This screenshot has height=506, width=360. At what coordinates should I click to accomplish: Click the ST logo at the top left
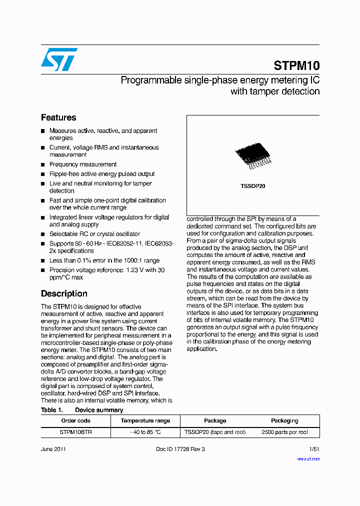tap(59, 59)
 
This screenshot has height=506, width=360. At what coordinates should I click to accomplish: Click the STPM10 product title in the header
tap(296, 65)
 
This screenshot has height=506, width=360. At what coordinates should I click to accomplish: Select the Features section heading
tap(58, 117)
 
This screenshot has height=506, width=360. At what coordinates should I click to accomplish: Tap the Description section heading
tap(64, 293)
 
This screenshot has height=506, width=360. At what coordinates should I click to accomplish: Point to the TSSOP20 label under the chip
tap(252, 186)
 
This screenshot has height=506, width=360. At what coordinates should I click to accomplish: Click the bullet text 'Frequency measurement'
tap(83, 164)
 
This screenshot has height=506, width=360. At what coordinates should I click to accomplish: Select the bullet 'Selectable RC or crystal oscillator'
tap(94, 234)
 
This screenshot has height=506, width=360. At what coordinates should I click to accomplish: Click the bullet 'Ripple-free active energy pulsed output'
tap(102, 174)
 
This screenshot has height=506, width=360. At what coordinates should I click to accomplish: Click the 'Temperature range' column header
tap(145, 420)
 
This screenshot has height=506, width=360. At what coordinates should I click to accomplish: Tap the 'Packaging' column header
tap(284, 420)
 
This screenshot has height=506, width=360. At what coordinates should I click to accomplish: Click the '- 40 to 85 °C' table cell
tap(145, 432)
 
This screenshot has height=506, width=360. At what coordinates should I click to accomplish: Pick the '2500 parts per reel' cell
tap(284, 432)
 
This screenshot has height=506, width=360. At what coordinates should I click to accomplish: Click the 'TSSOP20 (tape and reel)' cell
tap(215, 432)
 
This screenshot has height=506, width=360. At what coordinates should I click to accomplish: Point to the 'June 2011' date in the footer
tap(53, 449)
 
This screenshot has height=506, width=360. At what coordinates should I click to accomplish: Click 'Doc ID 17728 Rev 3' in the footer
tap(180, 449)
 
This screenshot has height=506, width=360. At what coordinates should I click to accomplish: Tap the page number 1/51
tap(314, 449)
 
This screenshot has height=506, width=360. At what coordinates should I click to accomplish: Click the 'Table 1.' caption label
tap(51, 410)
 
